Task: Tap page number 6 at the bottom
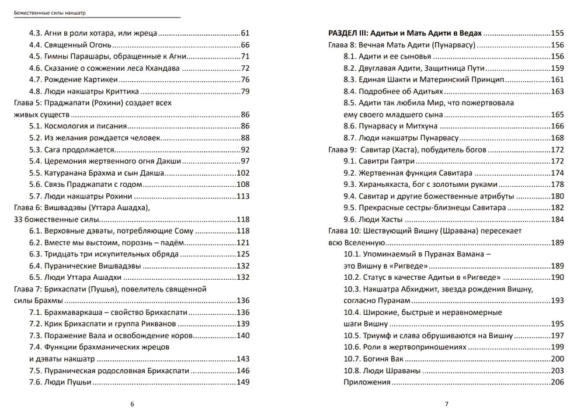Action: tap(133, 404)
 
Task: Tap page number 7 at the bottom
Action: tap(446, 404)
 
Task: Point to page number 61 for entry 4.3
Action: tap(245, 33)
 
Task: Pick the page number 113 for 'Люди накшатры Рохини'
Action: tap(243, 196)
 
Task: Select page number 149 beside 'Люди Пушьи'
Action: tap(243, 382)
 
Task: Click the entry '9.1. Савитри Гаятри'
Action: tap(379, 161)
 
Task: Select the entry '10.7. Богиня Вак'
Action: tap(374, 359)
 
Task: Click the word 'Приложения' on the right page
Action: tap(367, 382)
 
